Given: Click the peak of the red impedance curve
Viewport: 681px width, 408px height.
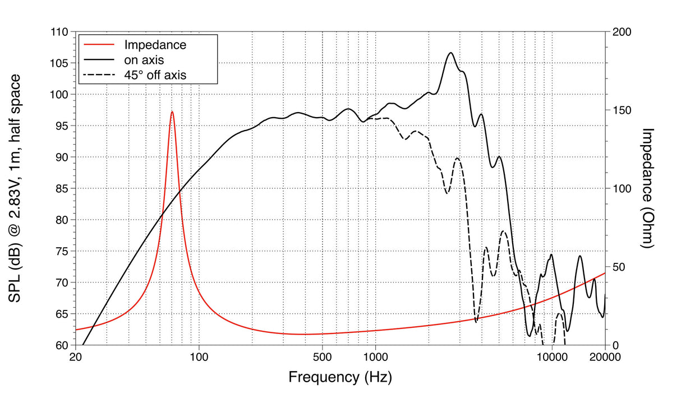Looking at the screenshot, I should tap(172, 112).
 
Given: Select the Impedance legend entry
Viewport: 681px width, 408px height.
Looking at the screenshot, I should tap(155, 44).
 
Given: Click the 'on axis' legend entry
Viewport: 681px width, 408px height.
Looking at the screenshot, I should tap(144, 58).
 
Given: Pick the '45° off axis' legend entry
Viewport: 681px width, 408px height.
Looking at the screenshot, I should tap(155, 73).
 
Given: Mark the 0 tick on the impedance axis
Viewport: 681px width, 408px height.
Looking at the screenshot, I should tap(614, 345).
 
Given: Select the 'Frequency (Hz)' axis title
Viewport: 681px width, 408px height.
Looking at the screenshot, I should tap(340, 377).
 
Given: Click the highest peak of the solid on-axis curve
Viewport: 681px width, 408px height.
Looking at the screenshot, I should tap(450, 53).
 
